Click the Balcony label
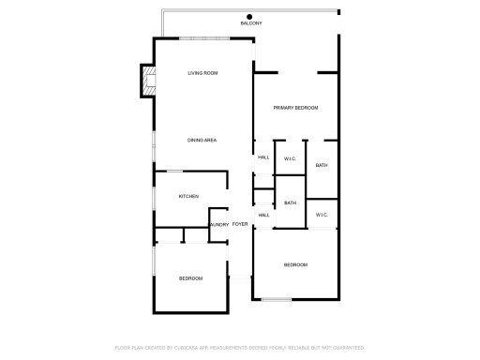pos(250,23)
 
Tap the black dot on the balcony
pos(250,16)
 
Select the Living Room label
pos(202,73)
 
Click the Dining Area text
pos(202,140)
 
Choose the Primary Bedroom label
pos(296,109)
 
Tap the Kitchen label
pos(188,196)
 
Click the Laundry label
pos(218,225)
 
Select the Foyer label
pos(241,225)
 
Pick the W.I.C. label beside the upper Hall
pos(291,159)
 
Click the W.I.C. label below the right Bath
pos(322,215)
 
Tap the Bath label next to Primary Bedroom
pos(322,166)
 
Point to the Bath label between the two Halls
pos(291,202)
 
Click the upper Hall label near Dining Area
pos(264,158)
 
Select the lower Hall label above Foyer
pos(264,215)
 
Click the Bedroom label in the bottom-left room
pos(191,278)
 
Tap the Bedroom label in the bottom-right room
pos(296,265)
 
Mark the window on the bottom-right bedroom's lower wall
pos(276,299)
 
